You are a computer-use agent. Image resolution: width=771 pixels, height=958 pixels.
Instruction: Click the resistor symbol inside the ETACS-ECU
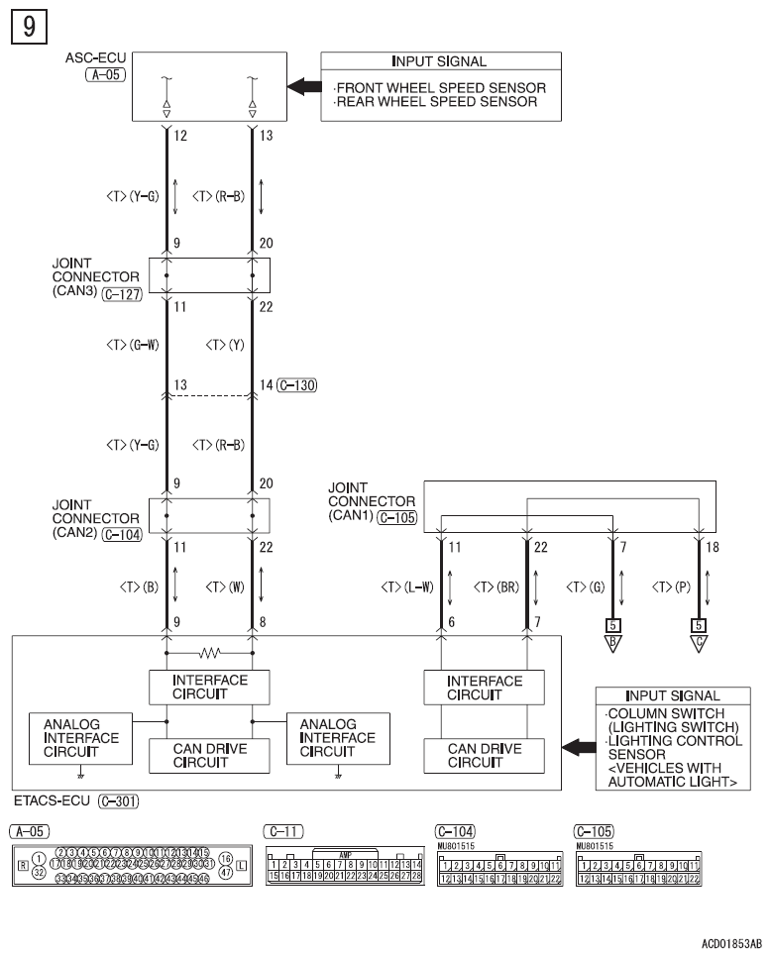click(209, 654)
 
